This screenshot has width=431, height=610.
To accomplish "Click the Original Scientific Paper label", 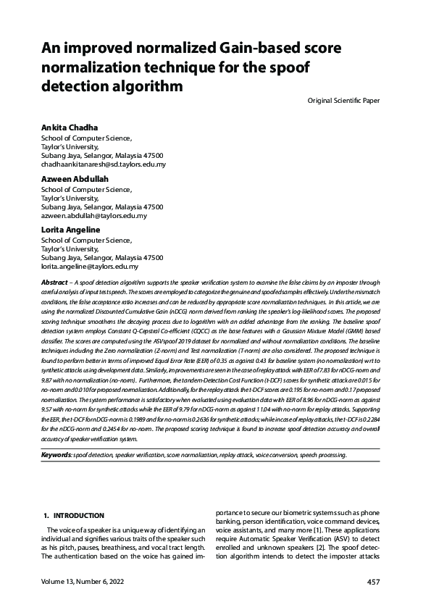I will click(343, 99).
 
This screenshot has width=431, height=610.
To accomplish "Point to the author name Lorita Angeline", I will click(70, 230).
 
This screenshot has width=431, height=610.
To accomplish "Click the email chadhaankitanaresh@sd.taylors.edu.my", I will click(104, 164).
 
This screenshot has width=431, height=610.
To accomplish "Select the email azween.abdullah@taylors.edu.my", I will click(94, 216).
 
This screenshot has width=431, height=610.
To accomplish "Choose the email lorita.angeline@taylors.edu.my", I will click(90, 267).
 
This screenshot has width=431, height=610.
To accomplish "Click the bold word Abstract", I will click(55, 282).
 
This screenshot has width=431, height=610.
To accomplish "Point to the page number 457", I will click(373, 582).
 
